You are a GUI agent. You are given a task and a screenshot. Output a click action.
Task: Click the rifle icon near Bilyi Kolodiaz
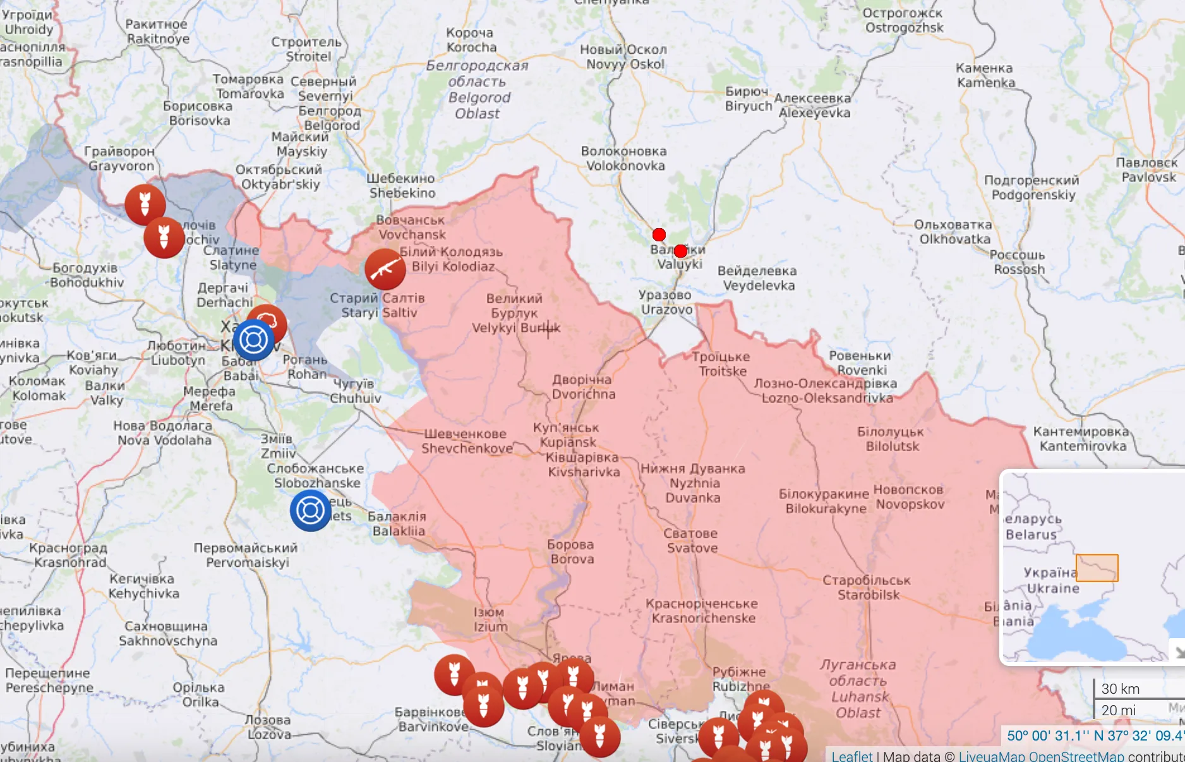coord(385,269)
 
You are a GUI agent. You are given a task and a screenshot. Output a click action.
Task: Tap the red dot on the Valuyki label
coord(680,251)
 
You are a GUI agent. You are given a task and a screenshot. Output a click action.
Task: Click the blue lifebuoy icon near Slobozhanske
coord(310,511)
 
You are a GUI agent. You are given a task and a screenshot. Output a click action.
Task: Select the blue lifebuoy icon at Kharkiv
coord(253,340)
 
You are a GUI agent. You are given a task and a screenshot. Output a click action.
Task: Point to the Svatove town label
coord(691,541)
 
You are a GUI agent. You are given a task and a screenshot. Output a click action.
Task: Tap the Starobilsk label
coord(867,588)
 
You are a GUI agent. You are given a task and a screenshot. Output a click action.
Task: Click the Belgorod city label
coord(329,118)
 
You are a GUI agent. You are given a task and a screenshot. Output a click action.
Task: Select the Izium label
coord(491,619)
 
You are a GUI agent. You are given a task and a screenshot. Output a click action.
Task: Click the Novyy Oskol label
coord(624,57)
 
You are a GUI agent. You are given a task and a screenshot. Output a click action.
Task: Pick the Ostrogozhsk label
coord(903,20)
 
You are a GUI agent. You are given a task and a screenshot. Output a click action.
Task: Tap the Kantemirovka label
coord(1082,439)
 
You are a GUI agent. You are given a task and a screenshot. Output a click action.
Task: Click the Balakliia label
coord(398,524)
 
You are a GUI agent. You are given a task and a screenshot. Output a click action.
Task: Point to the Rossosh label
coord(1018,262)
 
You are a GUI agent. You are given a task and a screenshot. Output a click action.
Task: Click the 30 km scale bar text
coord(1121,689)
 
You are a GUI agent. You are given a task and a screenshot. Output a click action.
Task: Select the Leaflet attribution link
coord(851,756)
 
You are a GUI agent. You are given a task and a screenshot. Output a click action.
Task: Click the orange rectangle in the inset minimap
coord(1097,568)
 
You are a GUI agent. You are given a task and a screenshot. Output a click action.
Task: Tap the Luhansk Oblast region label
coord(858,689)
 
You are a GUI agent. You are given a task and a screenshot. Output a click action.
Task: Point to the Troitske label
coord(721,364)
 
